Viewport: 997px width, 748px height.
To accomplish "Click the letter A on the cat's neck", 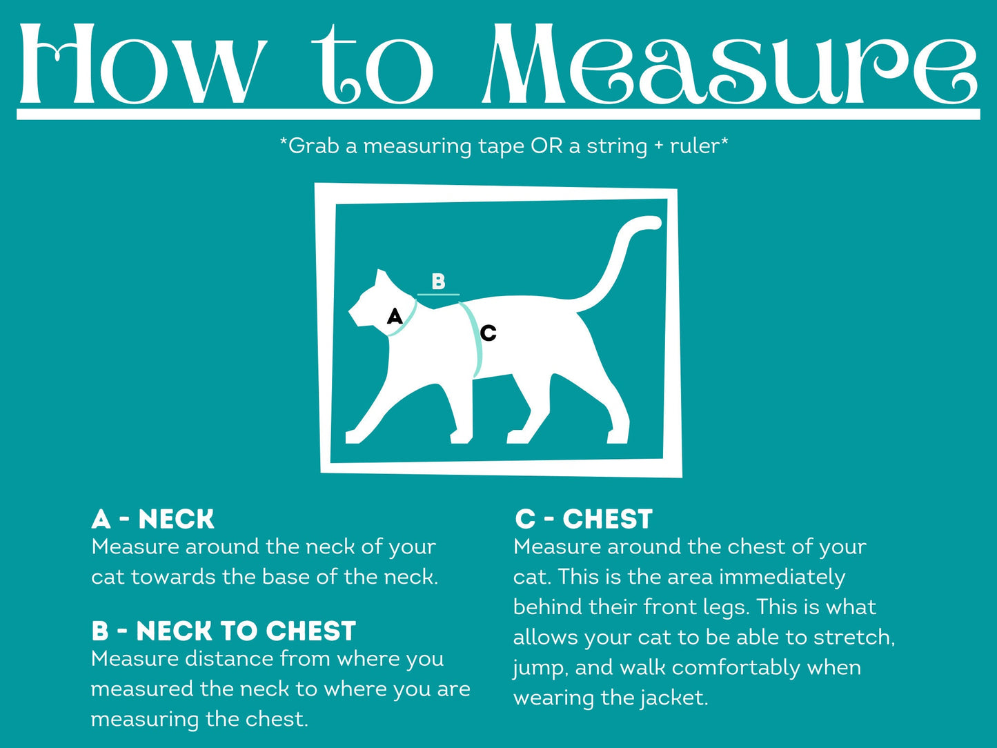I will tap(394, 316).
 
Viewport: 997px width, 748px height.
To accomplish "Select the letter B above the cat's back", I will tap(438, 282).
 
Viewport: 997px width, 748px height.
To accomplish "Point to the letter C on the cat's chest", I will tap(488, 333).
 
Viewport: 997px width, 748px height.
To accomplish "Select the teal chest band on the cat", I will tap(475, 338).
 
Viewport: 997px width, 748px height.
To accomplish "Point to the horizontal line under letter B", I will tap(438, 295).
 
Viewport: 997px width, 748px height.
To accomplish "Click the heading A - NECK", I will tap(152, 519).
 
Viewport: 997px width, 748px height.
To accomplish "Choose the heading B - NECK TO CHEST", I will tap(223, 631).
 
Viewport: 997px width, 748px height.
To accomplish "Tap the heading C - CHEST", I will tap(583, 519).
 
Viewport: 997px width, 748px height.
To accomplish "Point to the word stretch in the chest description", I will tap(853, 637).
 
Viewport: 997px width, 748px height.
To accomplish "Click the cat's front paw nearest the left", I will tap(353, 436).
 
